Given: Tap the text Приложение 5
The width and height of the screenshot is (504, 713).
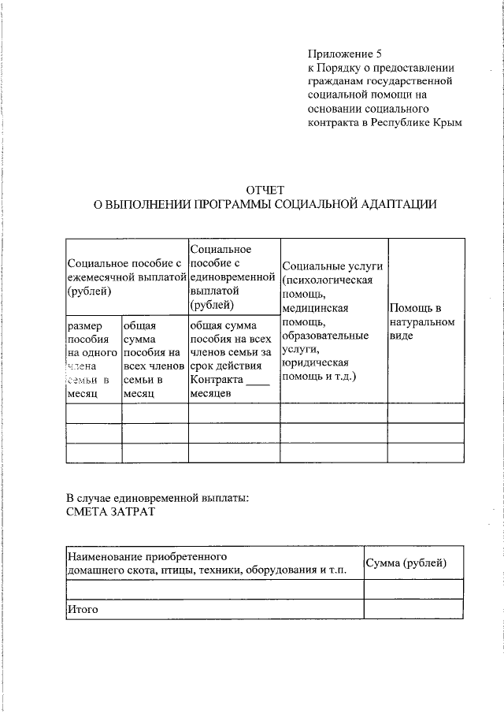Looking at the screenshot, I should click(344, 54).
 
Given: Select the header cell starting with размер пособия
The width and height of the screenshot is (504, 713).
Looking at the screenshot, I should click(93, 358).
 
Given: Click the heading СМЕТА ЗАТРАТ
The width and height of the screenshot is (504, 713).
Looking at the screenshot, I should click(111, 512).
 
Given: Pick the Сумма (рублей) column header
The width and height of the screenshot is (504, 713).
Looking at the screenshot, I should click(405, 563).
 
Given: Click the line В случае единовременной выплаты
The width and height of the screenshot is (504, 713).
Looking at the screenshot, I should click(157, 498).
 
